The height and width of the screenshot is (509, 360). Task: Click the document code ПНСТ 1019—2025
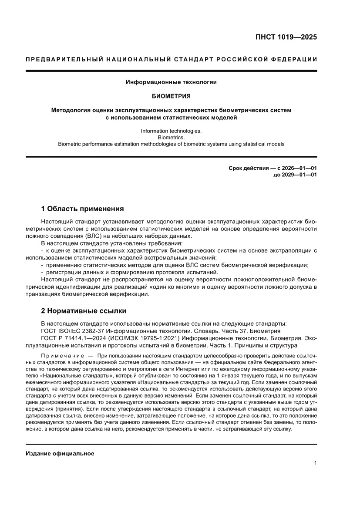coord(286,37)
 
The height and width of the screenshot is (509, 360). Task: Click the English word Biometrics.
coord(171,137)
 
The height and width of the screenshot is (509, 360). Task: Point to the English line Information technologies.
coord(171,131)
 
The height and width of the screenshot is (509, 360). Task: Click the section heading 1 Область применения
coord(82,209)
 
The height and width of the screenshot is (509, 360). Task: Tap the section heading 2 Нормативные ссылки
coord(84,311)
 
